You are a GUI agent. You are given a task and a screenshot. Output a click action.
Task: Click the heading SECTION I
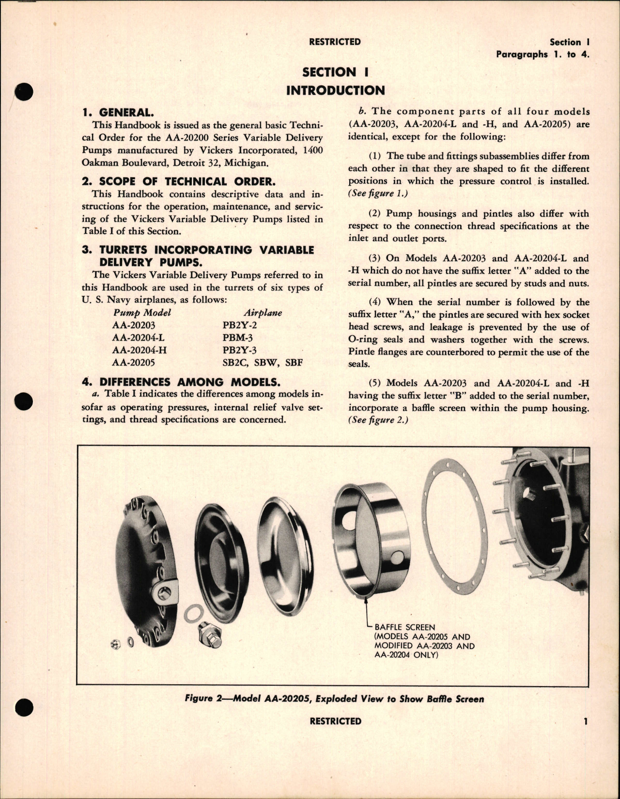point(335,73)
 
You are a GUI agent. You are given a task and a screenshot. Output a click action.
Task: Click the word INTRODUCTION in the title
point(335,91)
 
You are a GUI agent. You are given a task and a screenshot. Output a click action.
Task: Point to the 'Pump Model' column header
point(142,313)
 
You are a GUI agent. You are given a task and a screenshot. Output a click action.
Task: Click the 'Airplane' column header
point(263,313)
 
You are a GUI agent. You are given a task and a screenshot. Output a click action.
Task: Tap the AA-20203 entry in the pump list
point(134,325)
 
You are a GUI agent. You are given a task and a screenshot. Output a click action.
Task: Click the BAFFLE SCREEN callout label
point(405,627)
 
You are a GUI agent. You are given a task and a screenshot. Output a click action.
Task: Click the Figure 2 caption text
point(334,699)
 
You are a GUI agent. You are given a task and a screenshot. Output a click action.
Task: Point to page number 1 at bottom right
point(585,722)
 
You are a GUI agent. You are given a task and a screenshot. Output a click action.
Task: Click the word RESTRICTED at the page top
point(335,42)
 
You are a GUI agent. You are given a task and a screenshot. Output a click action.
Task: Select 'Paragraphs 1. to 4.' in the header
point(542,54)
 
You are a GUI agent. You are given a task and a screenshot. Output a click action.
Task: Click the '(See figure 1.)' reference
point(371,194)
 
